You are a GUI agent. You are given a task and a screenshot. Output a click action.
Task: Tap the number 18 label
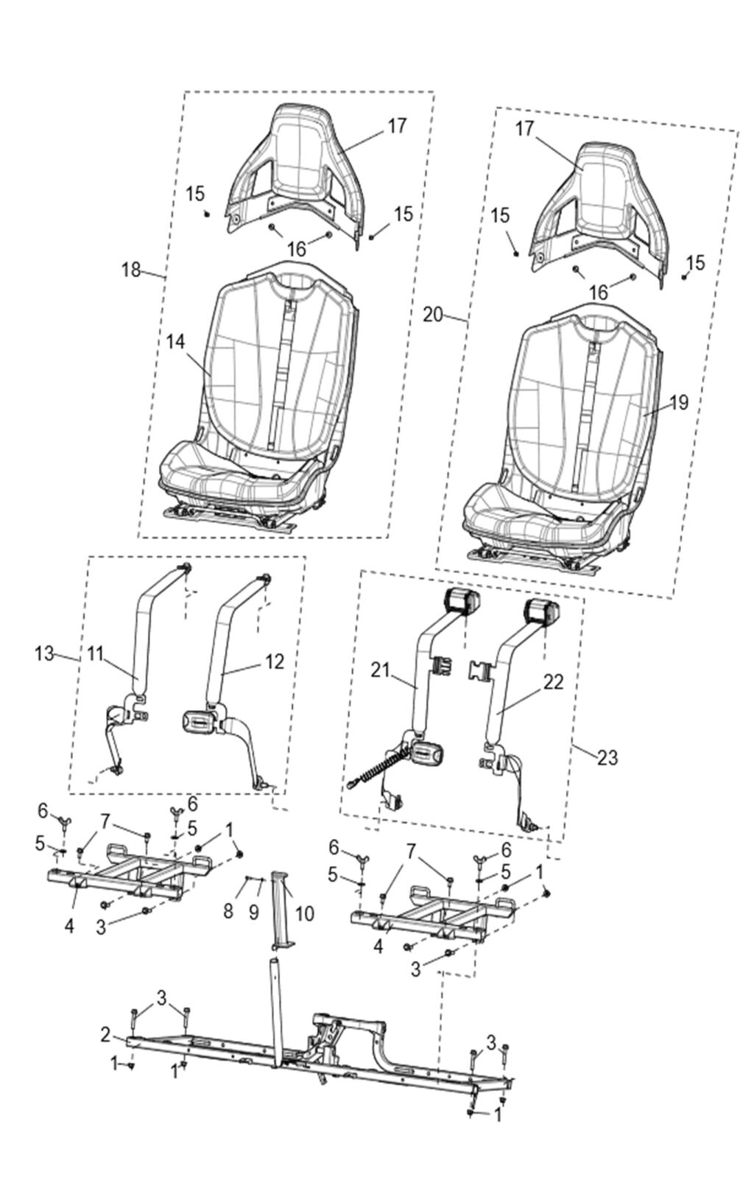point(131,270)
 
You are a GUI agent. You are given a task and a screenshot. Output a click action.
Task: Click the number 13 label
point(44,653)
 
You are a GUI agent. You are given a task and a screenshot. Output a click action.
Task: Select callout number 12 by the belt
point(273,661)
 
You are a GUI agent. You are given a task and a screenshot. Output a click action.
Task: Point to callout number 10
point(303,913)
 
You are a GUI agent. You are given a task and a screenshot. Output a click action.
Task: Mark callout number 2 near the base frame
point(105,1035)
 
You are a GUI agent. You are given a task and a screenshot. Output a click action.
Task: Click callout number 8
point(228,911)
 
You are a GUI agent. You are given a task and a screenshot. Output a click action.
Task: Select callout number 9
point(253,911)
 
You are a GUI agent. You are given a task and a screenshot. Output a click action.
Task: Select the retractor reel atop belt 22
point(542,612)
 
